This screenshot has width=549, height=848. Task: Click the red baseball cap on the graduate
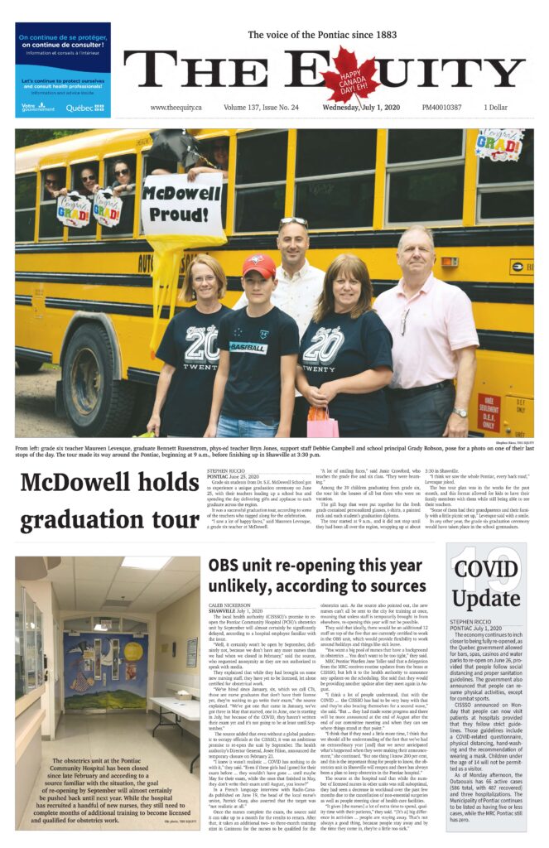tap(258, 265)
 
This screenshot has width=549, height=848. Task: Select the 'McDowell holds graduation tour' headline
tap(110, 501)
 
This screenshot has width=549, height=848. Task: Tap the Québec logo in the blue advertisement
tap(85, 107)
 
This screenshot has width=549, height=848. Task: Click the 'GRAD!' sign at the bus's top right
tap(498, 145)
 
